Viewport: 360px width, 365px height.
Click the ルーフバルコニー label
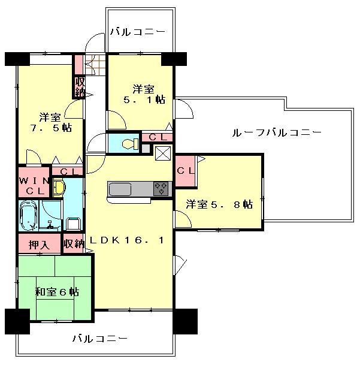click(277, 132)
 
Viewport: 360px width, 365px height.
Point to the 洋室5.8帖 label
click(219, 204)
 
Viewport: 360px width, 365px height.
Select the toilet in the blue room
click(128, 144)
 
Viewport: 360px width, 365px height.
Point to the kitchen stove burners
click(161, 189)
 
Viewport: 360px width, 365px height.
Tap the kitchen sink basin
click(122, 189)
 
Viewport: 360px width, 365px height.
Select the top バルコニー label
click(137, 32)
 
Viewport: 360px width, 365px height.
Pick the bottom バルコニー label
click(100, 339)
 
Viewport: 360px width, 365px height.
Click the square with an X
click(163, 153)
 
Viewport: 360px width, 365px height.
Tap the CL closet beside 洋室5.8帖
click(185, 170)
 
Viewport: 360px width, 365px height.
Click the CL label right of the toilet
click(158, 137)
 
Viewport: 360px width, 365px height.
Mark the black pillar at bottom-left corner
click(17, 321)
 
